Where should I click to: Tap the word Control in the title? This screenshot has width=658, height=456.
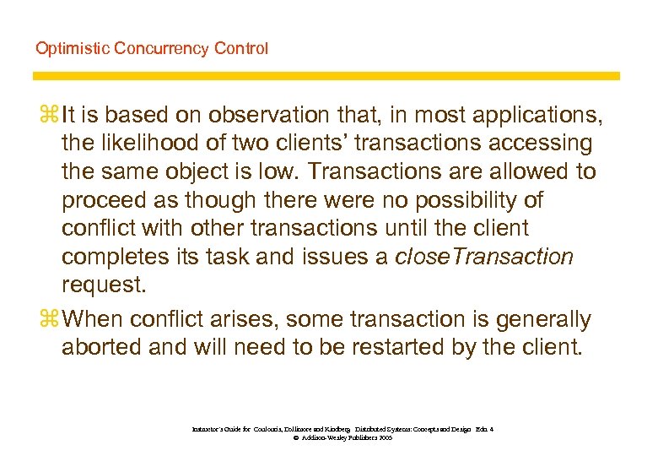tap(240, 48)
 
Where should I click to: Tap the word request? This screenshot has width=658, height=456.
tap(104, 285)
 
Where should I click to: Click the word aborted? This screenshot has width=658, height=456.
tap(102, 348)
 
